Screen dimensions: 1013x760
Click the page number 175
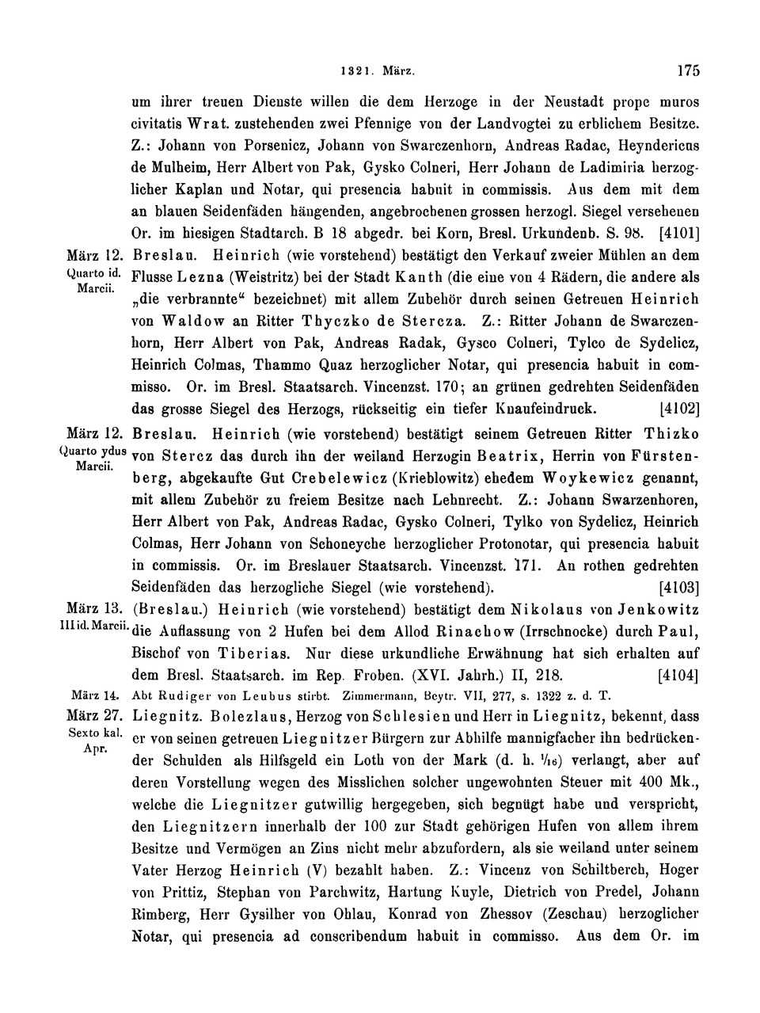pyautogui.click(x=688, y=70)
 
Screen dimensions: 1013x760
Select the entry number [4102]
pyautogui.click(x=679, y=410)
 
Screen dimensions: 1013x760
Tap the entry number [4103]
pyautogui.click(x=678, y=588)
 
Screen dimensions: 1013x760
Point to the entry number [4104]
pyautogui.click(x=678, y=676)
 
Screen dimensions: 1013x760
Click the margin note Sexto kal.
pyautogui.click(x=94, y=733)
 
